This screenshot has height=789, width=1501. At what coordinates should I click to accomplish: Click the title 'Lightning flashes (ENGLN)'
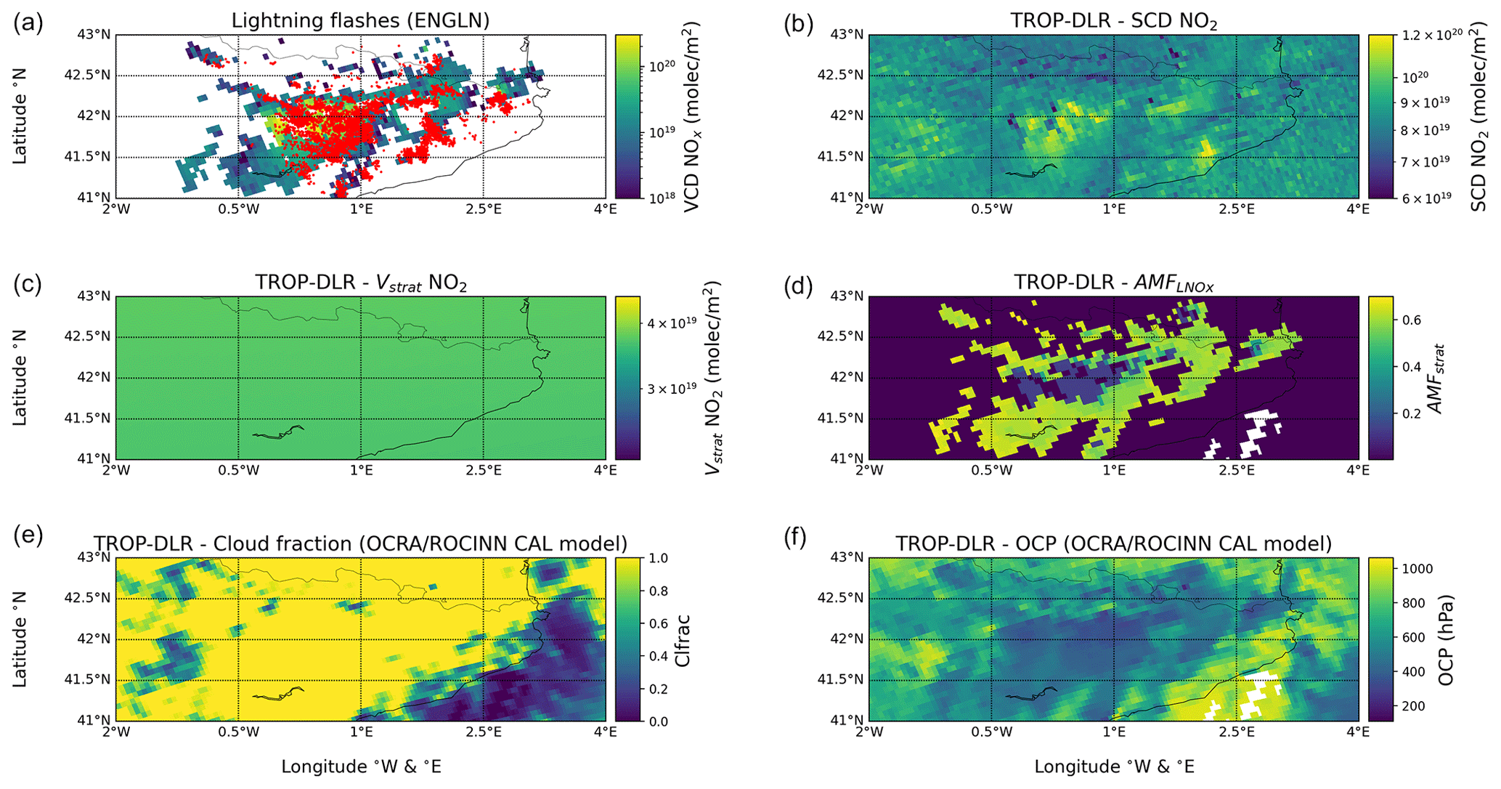coord(360,21)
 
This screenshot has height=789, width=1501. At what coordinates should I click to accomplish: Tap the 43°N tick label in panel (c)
coord(94,296)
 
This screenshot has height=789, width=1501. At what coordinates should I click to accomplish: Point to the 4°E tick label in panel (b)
coord(1358,209)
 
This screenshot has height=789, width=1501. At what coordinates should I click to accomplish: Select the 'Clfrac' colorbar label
coord(682,640)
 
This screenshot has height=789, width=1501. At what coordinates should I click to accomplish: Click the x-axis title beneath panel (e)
coord(361,766)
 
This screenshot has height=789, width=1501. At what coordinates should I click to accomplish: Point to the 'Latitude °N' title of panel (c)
coord(20,377)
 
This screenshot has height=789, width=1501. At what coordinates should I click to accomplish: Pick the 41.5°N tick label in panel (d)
coord(842,418)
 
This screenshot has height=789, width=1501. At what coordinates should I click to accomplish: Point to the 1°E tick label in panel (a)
coord(361,209)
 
